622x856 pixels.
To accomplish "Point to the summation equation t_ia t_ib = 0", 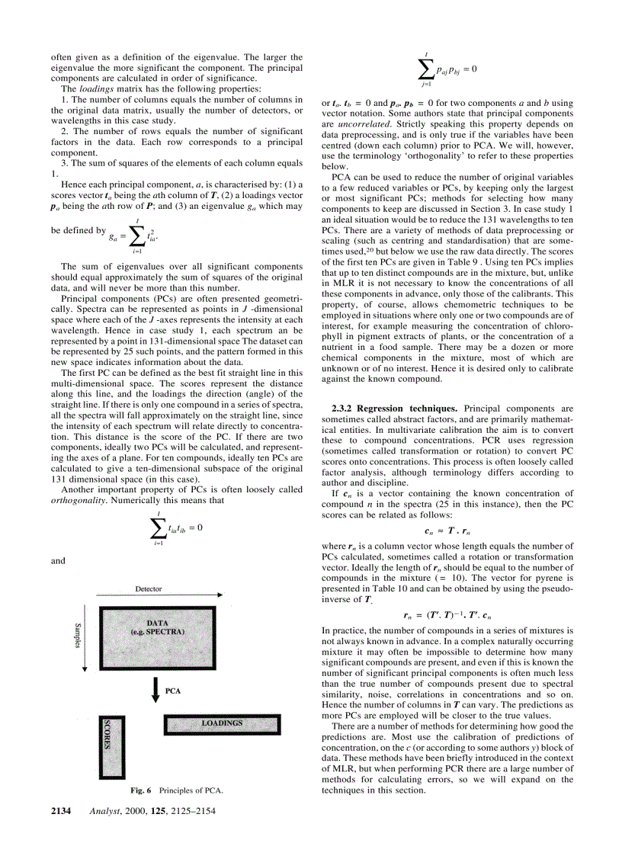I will [x=176, y=527].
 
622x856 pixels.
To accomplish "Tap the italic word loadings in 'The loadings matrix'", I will [x=95, y=89].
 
